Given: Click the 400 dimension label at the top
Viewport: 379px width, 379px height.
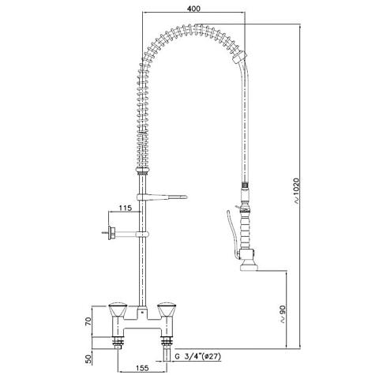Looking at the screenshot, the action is coord(193,9).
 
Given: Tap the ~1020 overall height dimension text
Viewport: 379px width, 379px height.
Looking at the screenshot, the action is coord(297,191).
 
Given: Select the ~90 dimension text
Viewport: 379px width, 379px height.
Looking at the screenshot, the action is coord(283,313).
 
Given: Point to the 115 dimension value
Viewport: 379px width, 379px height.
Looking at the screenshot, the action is coord(125,208).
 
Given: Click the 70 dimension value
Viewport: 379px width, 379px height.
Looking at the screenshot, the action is coord(88,321).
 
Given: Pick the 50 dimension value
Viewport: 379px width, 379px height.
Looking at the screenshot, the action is coord(88,358).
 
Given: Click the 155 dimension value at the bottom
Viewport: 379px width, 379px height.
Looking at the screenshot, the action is coord(142,368).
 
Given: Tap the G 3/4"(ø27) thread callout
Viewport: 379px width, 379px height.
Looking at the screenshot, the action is coord(198,357).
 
